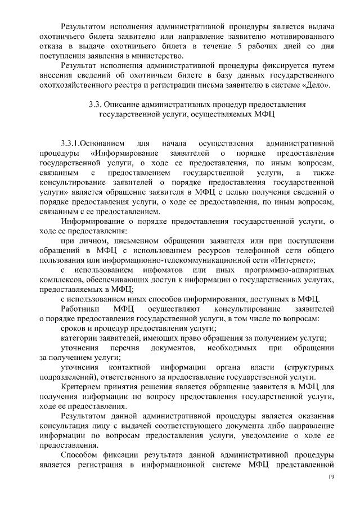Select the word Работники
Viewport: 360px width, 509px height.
pyautogui.click(x=80, y=309)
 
